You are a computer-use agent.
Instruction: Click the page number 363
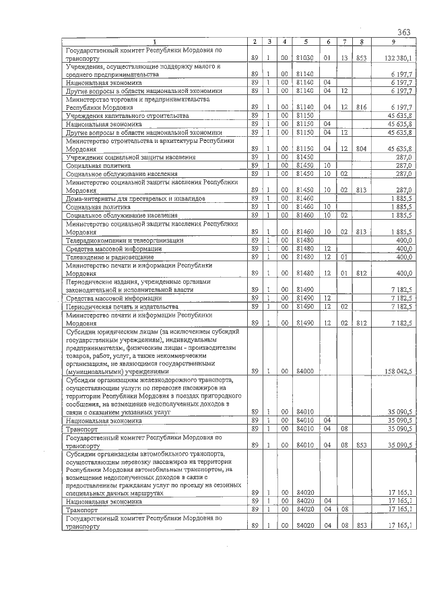pyautogui.click(x=403, y=32)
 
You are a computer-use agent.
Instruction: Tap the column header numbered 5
pyautogui.click(x=305, y=42)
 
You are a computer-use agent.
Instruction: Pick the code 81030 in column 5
pyautogui.click(x=305, y=58)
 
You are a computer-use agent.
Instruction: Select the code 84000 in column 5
pyautogui.click(x=305, y=371)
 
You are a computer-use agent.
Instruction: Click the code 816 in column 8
pyautogui.click(x=362, y=106)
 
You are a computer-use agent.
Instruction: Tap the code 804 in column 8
pyautogui.click(x=362, y=148)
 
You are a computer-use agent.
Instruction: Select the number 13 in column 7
pyautogui.click(x=343, y=58)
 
